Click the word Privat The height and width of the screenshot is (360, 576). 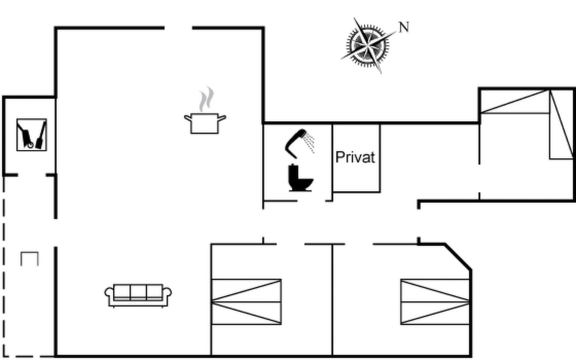pos(355,157)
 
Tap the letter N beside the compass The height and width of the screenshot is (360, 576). pos(404,27)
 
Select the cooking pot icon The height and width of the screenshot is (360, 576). pos(205,123)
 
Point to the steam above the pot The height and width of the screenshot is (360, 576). pos(207,99)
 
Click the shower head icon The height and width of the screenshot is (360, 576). pos(298,142)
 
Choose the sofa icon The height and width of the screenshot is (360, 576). pos(138,295)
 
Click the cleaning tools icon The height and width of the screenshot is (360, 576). pos(31,135)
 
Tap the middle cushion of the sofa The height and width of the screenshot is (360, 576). pos(138,292)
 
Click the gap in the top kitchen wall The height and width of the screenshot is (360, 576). pos(178,28)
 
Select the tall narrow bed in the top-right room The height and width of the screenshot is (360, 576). pos(561,124)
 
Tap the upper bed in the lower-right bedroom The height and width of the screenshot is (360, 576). pos(435,290)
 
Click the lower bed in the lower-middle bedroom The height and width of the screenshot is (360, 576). pos(246,313)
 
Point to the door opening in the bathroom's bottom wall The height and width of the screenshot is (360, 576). pos(311,201)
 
